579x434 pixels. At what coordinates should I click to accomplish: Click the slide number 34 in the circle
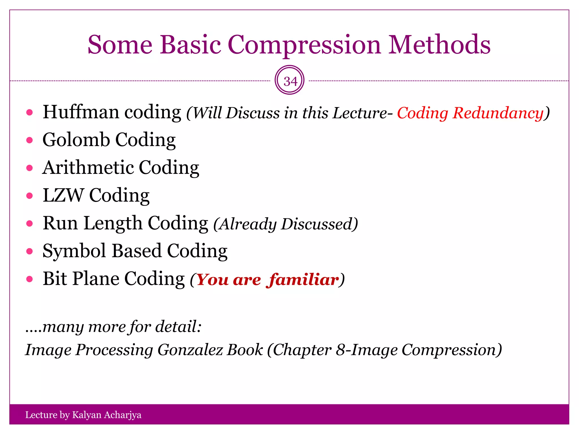290,81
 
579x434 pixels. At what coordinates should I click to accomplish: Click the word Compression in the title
304,45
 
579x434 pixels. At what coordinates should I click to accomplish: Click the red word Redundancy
498,113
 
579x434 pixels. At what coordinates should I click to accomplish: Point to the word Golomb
76,140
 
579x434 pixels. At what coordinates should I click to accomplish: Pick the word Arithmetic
88,167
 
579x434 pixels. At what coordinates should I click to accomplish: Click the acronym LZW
63,195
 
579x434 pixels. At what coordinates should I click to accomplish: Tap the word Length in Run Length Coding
113,223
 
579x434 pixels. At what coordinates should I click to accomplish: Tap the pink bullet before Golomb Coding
29,140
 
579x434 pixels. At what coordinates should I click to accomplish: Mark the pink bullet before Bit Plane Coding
29,279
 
